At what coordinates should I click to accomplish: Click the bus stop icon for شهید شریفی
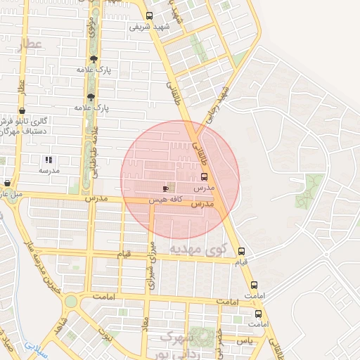[148, 16]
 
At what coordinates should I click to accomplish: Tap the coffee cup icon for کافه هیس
[166, 188]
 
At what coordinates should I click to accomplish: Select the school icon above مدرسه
[49, 160]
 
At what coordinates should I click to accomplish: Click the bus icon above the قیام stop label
[242, 251]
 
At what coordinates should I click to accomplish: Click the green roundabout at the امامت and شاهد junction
[70, 302]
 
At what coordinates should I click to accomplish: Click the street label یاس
[243, 340]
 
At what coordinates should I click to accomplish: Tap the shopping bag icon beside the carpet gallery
[23, 110]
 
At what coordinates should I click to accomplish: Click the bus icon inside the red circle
[205, 176]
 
